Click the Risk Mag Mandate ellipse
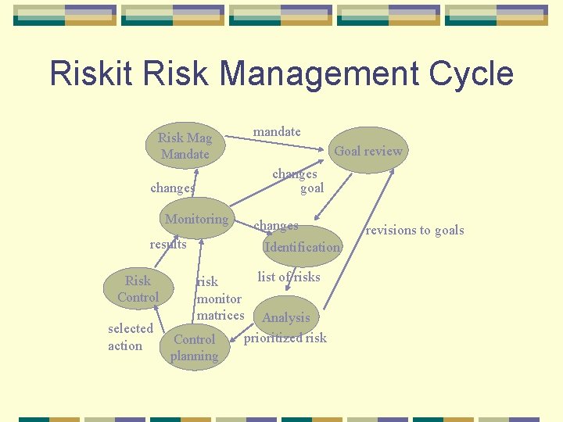(185, 145)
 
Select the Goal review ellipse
(368, 151)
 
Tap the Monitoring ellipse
(196, 220)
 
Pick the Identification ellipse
(302, 247)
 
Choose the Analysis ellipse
(285, 317)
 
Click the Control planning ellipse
(194, 348)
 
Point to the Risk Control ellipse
(138, 288)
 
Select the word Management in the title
(321, 74)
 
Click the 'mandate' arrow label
(277, 131)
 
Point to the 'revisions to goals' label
(414, 230)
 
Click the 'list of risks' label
(289, 277)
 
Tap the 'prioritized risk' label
(285, 338)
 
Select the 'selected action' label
(130, 337)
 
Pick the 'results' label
(168, 245)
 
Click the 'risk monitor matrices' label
(220, 299)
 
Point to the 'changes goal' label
(298, 181)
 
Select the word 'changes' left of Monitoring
(172, 188)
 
